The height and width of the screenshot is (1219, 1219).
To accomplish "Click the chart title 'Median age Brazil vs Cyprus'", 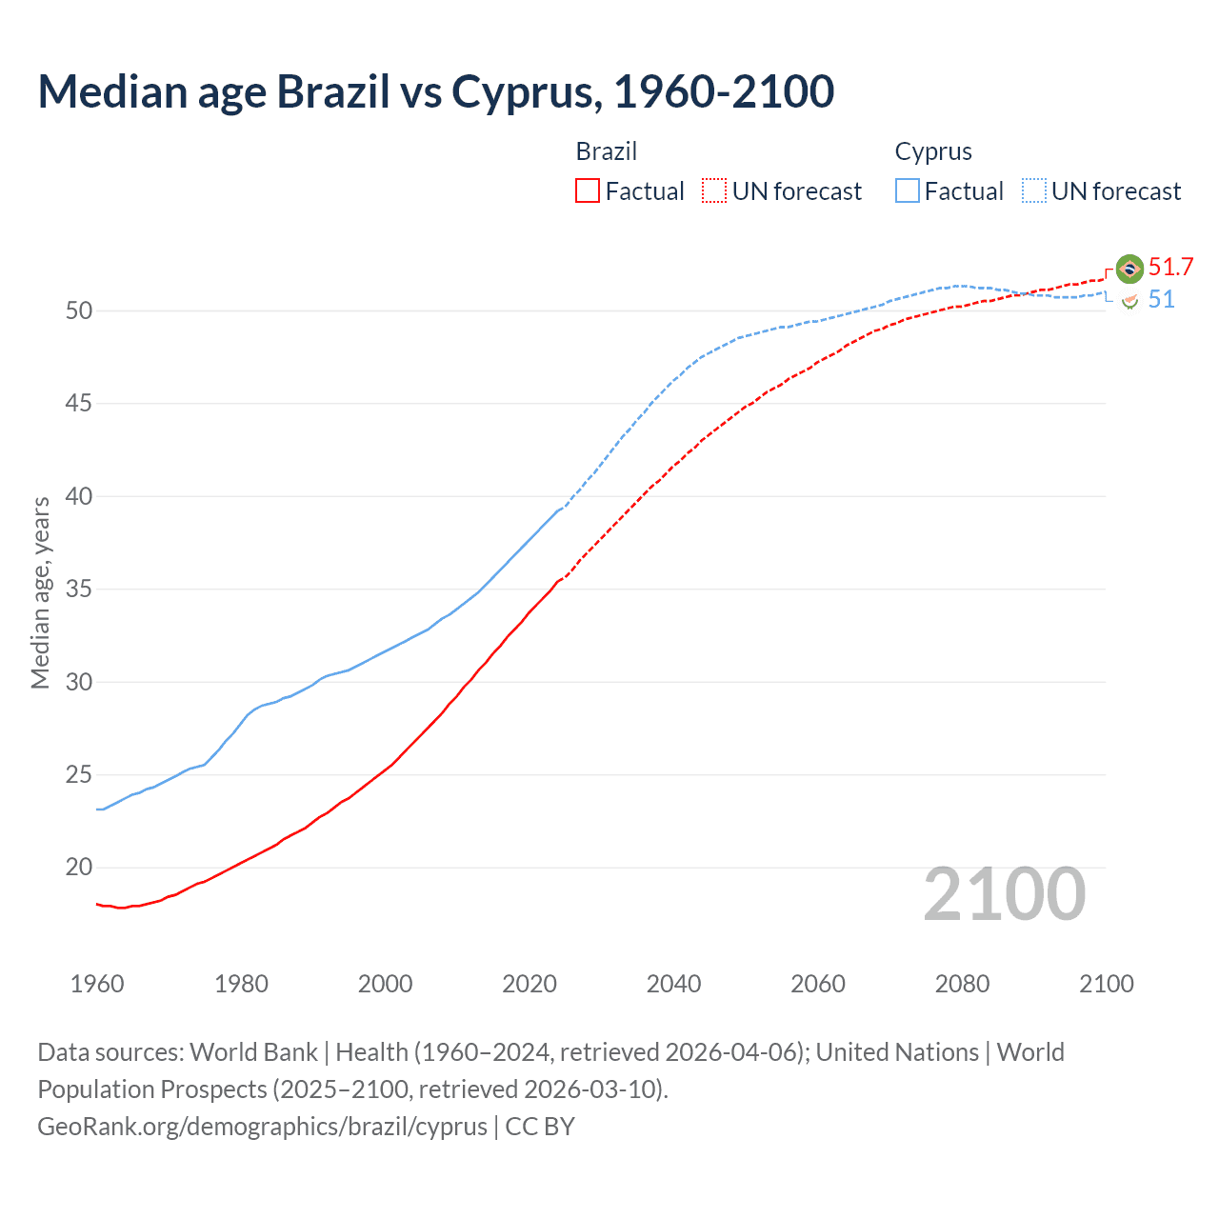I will tap(435, 91).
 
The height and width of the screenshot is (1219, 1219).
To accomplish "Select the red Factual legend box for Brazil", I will tap(588, 191).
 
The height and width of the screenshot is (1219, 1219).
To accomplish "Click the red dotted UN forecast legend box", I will tap(714, 191).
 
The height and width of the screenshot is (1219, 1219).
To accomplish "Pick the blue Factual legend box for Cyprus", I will tap(908, 191).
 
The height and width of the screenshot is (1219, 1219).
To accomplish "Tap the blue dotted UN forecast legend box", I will tap(1034, 191).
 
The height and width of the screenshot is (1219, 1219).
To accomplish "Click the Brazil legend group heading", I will tap(606, 151).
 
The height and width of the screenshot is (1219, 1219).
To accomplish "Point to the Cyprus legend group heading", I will tap(933, 151).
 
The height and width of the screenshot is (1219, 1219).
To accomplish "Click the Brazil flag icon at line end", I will tap(1129, 269).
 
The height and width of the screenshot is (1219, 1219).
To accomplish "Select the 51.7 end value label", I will tap(1170, 268).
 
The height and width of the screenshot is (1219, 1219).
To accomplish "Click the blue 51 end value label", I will tap(1161, 300).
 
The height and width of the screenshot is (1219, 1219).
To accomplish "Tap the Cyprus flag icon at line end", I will tap(1129, 301).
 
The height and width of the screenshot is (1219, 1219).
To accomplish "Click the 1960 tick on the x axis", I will tap(97, 984).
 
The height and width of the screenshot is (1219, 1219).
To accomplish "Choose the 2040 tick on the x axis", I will tap(673, 984).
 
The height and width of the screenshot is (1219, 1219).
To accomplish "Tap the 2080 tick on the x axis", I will tap(962, 984).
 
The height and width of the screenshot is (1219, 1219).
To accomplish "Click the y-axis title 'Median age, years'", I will tap(40, 592).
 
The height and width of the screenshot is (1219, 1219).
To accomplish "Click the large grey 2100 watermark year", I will tap(1004, 894).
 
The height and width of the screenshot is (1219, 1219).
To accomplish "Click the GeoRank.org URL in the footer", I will tap(263, 1127).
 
